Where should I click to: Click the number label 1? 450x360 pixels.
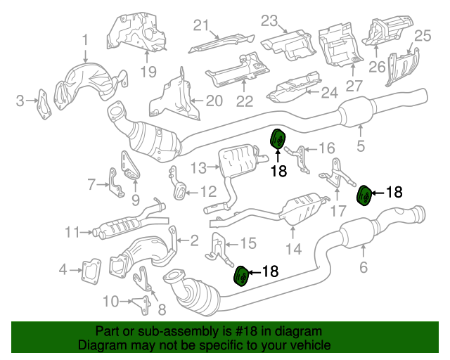84,39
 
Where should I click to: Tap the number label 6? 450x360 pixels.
364,267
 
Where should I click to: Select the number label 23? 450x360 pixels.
270,20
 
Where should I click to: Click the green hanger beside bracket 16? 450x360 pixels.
277,140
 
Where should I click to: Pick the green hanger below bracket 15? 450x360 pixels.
240,276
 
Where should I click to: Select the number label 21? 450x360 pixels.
202,26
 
